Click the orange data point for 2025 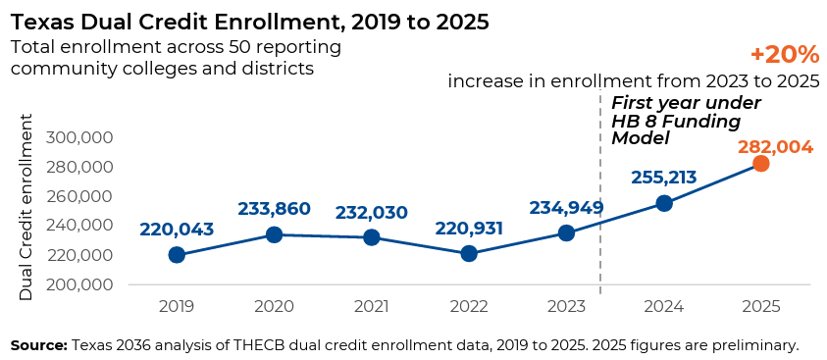pyautogui.click(x=760, y=164)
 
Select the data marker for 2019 pyautogui.click(x=177, y=255)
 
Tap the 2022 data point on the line pyautogui.click(x=469, y=253)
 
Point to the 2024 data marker pyautogui.click(x=664, y=203)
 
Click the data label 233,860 pyautogui.click(x=274, y=209)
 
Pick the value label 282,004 pyautogui.click(x=775, y=147)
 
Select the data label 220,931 pyautogui.click(x=469, y=229)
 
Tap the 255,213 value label pyautogui.click(x=664, y=178)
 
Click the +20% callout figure pyautogui.click(x=785, y=54)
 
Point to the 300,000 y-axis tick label pyautogui.click(x=79, y=137)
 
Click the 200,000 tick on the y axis pyautogui.click(x=79, y=284)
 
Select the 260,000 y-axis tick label pyautogui.click(x=79, y=196)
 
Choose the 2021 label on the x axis pyautogui.click(x=372, y=307)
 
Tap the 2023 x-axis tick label pyautogui.click(x=566, y=307)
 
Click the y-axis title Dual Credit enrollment pyautogui.click(x=26, y=207)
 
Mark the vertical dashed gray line pyautogui.click(x=600, y=192)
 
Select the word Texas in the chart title pyautogui.click(x=40, y=23)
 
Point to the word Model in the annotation pyautogui.click(x=641, y=138)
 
